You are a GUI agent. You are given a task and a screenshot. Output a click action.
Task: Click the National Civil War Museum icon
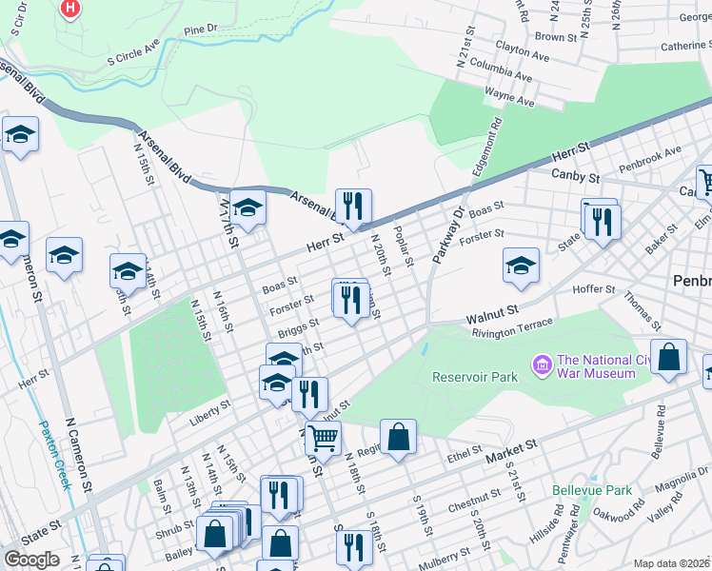pos(543,364)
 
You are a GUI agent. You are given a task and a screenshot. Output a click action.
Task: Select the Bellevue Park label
pos(592,490)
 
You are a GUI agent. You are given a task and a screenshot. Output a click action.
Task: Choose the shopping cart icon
pos(324,440)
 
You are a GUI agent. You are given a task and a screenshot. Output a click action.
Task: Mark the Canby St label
pos(576,176)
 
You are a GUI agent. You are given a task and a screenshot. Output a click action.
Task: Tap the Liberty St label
pos(213,407)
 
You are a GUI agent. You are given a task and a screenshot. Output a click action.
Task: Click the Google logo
pos(31,560)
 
